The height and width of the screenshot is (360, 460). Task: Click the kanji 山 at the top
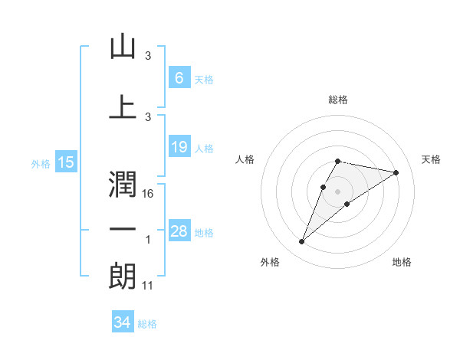[123, 47]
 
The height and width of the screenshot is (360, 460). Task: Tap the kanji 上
[123, 106]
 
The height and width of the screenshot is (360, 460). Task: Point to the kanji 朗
[123, 276]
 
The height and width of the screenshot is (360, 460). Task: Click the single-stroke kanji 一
[123, 230]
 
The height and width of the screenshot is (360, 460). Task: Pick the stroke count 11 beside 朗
[149, 285]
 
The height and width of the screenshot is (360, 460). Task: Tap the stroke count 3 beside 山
[148, 56]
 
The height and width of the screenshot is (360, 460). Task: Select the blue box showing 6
[179, 78]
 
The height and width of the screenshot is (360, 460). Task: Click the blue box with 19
[179, 147]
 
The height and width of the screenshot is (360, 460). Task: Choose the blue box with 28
[179, 231]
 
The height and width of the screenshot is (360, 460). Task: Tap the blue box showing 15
[66, 162]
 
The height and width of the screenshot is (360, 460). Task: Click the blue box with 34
[122, 322]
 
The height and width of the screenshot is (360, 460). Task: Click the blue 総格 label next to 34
[147, 324]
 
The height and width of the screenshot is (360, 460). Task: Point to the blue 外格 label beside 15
[41, 163]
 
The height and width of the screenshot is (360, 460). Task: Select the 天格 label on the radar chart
[431, 159]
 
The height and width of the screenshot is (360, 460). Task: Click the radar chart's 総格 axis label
[338, 100]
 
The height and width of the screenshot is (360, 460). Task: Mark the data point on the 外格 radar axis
[302, 242]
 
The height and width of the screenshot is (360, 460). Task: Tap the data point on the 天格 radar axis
[396, 172]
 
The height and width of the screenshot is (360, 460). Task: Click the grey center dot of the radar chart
[338, 191]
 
